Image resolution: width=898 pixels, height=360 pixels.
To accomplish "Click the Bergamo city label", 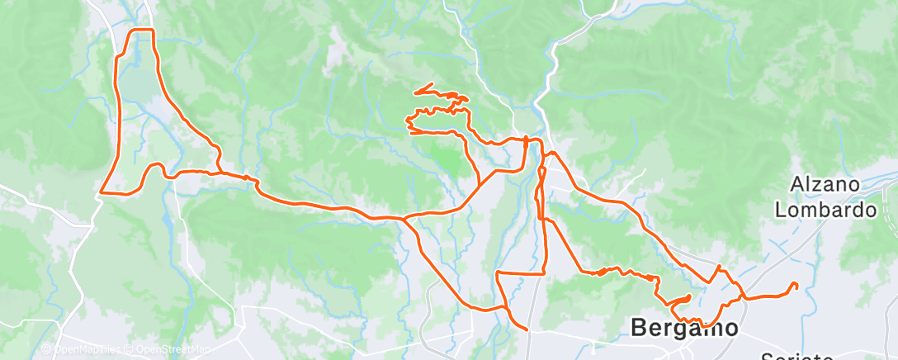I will pyautogui.click(x=684, y=327).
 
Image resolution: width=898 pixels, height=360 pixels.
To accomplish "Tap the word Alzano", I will pyautogui.click(x=825, y=184).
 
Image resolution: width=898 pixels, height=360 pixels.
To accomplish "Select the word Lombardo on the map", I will pyautogui.click(x=825, y=210).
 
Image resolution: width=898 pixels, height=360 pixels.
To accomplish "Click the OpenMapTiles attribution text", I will pyautogui.click(x=81, y=350).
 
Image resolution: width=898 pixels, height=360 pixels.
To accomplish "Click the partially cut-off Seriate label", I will pyautogui.click(x=799, y=357).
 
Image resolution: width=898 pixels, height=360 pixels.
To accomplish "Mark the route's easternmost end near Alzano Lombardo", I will pyautogui.click(x=796, y=285).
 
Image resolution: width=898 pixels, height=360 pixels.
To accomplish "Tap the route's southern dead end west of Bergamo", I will pyautogui.click(x=527, y=329).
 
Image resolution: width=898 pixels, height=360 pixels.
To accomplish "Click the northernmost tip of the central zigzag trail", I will pyautogui.click(x=432, y=84).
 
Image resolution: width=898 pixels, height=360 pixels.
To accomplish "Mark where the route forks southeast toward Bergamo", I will pyautogui.click(x=404, y=220).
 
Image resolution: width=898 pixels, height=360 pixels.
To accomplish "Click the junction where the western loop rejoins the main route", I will pyautogui.click(x=219, y=173).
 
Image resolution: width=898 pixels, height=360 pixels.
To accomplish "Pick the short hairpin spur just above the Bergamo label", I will pyautogui.click(x=688, y=296).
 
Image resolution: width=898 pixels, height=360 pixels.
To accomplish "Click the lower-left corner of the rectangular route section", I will pyautogui.click(x=497, y=272).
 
